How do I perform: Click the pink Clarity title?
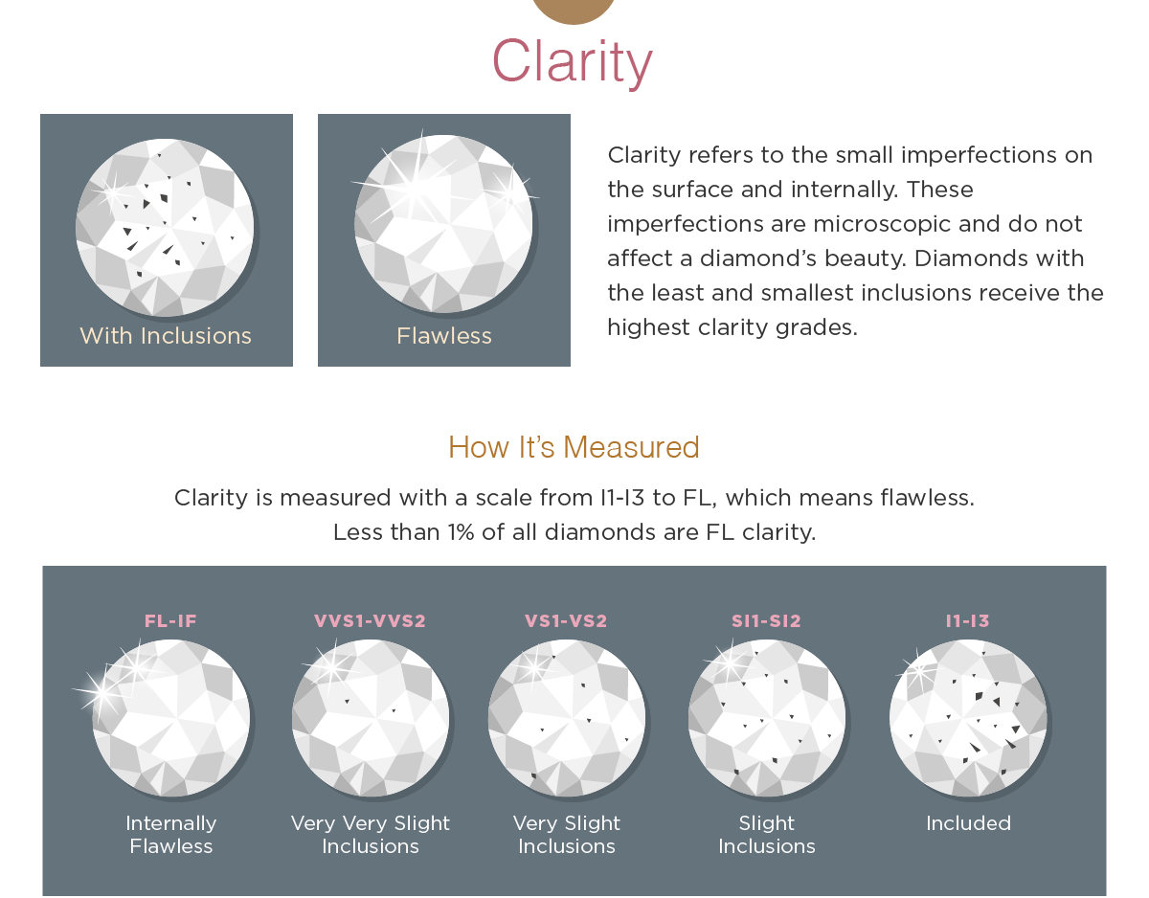(x=573, y=62)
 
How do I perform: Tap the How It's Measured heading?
(x=574, y=447)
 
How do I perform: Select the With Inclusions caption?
(x=166, y=336)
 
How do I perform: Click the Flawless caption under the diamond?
(x=444, y=336)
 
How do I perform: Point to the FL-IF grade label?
(x=170, y=621)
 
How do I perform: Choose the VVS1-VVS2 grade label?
(x=370, y=621)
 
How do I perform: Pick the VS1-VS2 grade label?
(x=566, y=621)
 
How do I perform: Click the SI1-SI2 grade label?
(x=766, y=621)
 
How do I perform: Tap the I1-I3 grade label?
(x=967, y=621)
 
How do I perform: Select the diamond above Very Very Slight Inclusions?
(x=371, y=718)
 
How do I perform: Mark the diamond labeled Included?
(x=968, y=718)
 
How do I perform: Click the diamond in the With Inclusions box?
(x=165, y=228)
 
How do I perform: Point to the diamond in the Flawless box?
(x=443, y=224)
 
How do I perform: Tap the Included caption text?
(x=968, y=823)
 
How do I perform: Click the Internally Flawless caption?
(x=170, y=835)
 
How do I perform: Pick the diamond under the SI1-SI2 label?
(x=767, y=718)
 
